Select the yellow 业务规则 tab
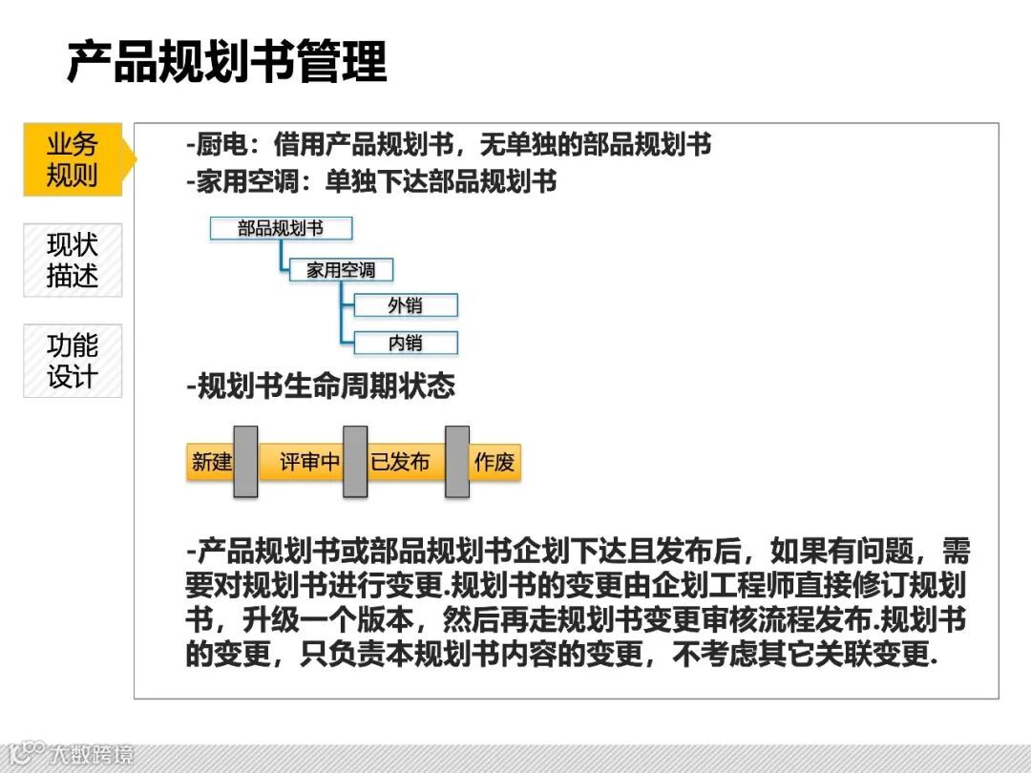(74, 159)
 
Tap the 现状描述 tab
(73, 260)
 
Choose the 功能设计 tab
(73, 360)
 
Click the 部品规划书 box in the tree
(281, 228)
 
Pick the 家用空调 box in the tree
(341, 270)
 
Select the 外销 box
(405, 305)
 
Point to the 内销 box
(405, 343)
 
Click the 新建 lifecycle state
(211, 463)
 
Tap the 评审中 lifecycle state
(309, 463)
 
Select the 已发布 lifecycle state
(400, 463)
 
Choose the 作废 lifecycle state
(494, 463)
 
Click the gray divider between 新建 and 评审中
(245, 462)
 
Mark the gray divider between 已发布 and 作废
(457, 462)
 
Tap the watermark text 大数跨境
(93, 755)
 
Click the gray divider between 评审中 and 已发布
(355, 462)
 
